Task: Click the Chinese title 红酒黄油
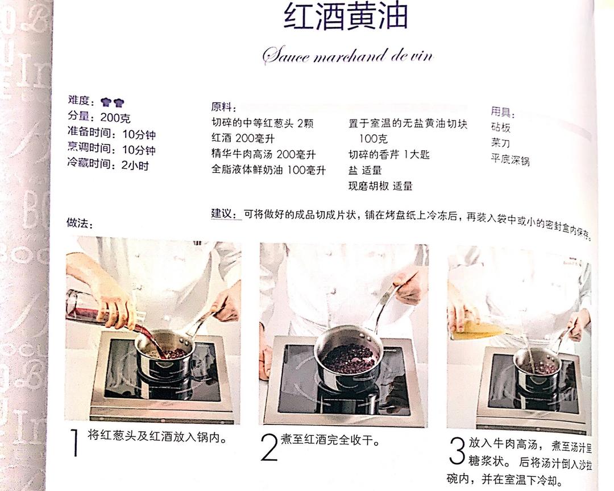[346, 18]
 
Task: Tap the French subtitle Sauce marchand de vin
[347, 56]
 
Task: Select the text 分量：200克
[99, 118]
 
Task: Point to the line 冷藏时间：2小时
[107, 166]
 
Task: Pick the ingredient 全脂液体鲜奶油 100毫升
[268, 170]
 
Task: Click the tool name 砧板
[501, 127]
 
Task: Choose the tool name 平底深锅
[510, 160]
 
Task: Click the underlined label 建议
[223, 214]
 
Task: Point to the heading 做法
[79, 223]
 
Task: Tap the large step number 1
[75, 444]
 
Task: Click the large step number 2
[268, 447]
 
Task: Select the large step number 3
[456, 451]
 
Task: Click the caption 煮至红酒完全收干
[330, 440]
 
